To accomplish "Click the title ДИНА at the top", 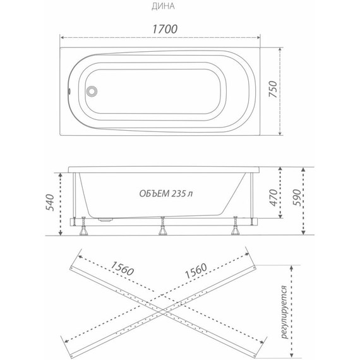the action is click(163, 6).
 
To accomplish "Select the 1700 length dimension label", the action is click(165, 29).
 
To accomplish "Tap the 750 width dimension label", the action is click(273, 89).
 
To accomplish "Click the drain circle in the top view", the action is click(92, 91).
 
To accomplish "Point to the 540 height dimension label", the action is click(50, 203).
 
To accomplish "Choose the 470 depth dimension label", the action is click(273, 198).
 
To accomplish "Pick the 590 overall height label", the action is click(296, 198).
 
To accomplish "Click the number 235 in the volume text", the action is click(177, 193).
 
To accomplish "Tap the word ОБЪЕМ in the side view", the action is click(154, 193).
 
